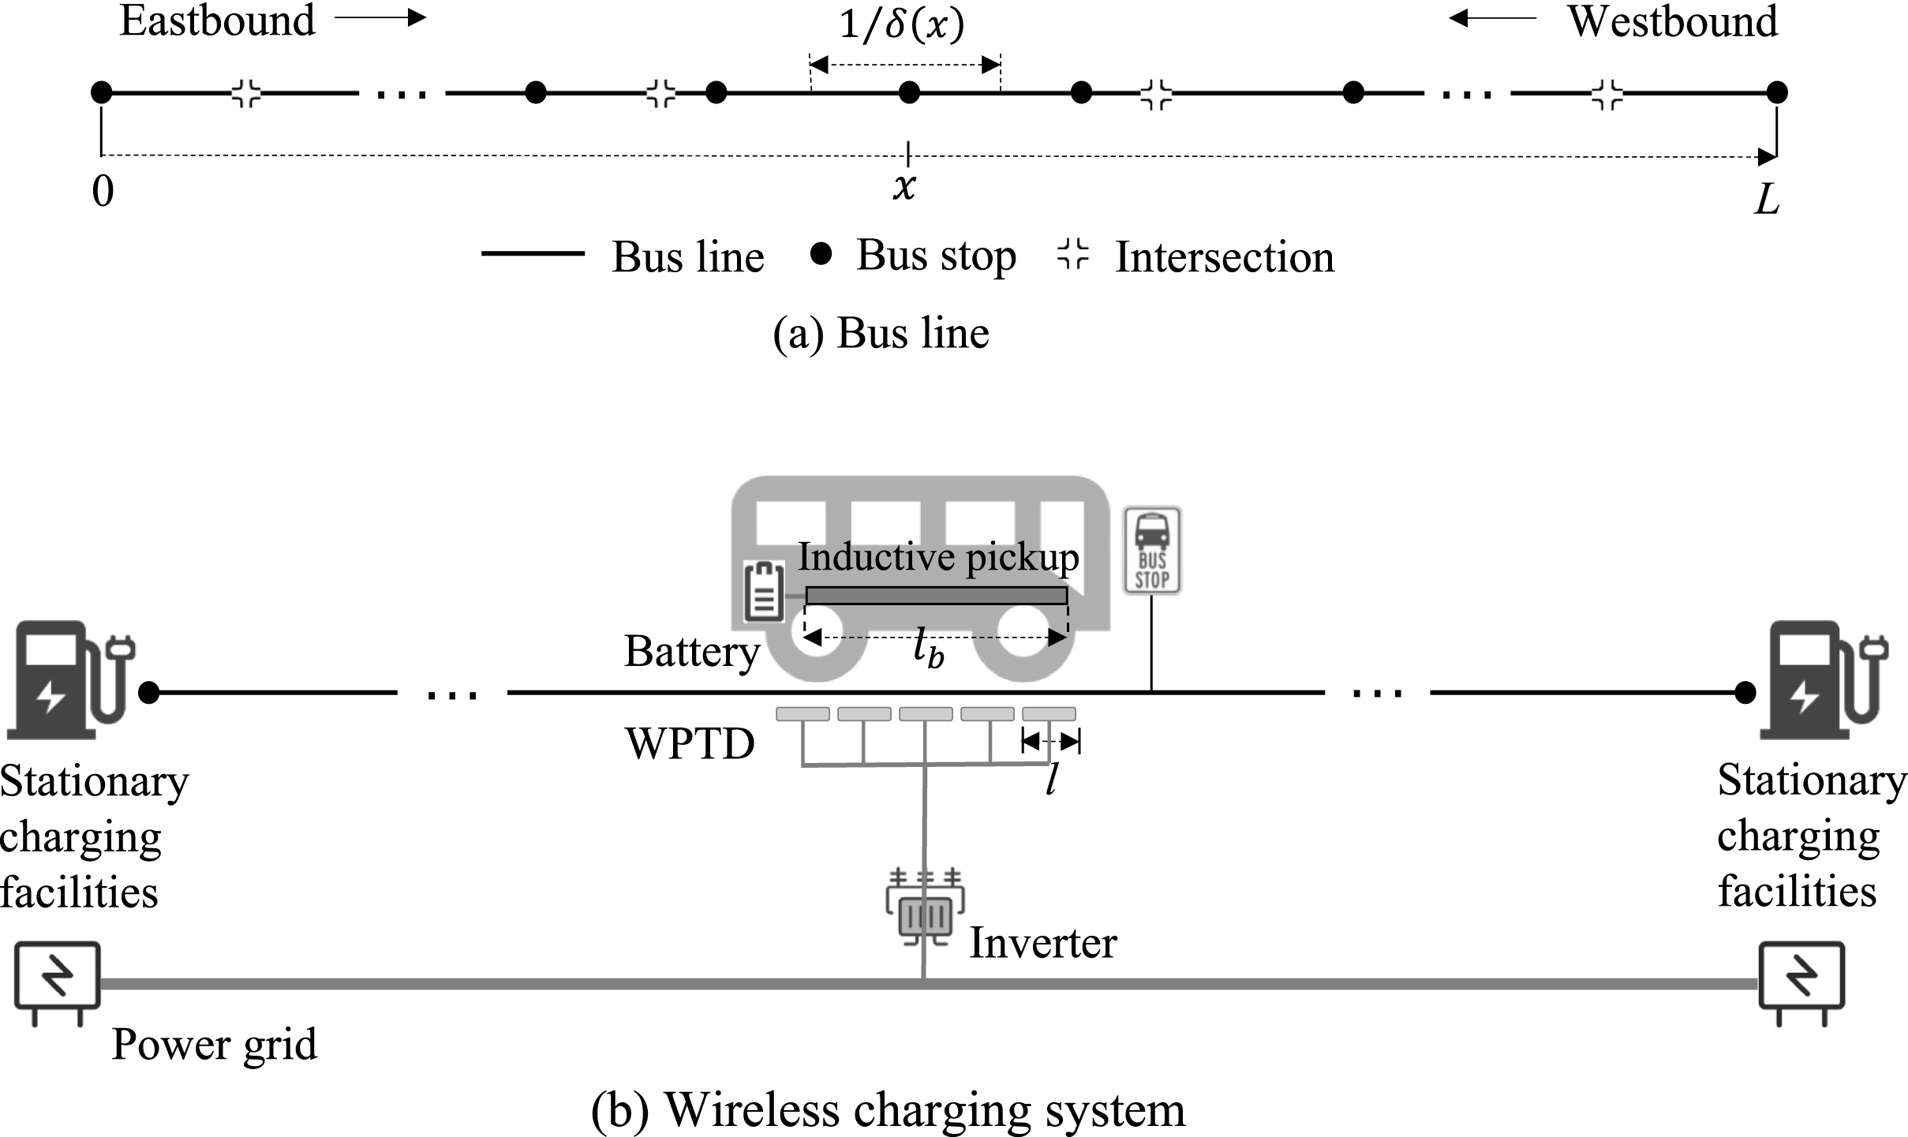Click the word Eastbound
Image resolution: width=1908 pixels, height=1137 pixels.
217,21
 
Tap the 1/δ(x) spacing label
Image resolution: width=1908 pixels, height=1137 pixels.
901,24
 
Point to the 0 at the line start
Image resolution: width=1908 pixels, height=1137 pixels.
103,192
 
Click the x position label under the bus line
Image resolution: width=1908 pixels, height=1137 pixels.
904,187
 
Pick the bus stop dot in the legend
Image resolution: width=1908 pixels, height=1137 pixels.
821,254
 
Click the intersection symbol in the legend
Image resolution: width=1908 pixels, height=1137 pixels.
1072,254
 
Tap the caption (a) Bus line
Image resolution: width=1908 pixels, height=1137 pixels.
881,332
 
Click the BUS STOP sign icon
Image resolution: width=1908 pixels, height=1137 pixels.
1151,550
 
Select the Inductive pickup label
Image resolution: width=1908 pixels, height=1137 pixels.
937,557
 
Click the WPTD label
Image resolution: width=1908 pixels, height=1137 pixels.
690,743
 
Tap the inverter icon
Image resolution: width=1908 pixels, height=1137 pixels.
925,907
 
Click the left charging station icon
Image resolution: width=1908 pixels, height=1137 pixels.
68,679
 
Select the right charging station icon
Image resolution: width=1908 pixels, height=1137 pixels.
1823,679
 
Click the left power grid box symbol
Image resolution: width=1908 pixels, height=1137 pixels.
57,979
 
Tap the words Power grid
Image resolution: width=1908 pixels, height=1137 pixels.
215,1044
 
